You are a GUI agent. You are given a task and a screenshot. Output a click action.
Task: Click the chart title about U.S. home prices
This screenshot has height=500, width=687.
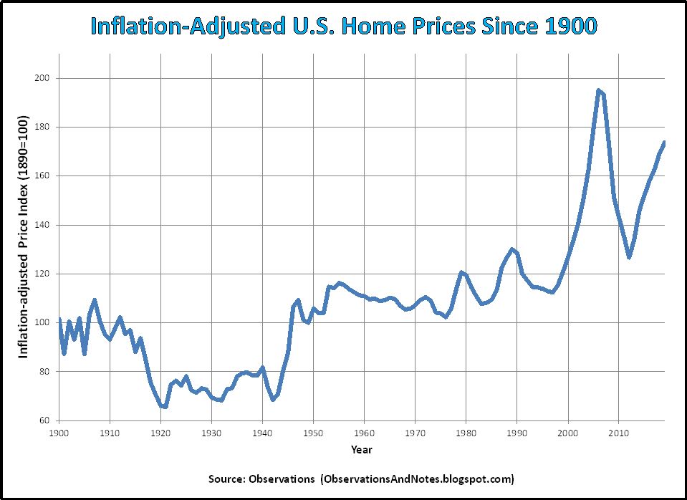(343, 27)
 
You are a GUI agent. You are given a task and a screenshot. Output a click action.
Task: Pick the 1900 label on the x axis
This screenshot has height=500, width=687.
(59, 433)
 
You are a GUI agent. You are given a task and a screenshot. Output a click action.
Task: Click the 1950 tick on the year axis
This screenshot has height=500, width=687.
(313, 433)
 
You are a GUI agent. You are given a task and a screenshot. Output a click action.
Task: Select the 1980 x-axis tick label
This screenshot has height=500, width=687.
(466, 433)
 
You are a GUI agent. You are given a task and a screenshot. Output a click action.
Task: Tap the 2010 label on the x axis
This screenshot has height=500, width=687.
(618, 433)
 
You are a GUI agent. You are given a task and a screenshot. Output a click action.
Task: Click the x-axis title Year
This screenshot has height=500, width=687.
(361, 450)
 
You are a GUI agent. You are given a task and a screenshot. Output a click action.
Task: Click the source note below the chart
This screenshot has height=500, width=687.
(361, 478)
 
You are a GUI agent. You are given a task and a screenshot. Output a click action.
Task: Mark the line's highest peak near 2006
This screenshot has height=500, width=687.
(598, 90)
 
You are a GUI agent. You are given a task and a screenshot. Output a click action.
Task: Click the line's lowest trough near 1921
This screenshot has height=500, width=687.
(164, 406)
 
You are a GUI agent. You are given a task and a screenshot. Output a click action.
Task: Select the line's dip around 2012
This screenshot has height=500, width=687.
(629, 257)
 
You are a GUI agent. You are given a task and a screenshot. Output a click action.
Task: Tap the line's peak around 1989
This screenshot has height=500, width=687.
(511, 249)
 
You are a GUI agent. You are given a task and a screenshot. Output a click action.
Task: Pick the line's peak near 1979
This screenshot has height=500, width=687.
(461, 272)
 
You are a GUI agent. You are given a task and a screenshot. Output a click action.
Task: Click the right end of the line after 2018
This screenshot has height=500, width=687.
(664, 143)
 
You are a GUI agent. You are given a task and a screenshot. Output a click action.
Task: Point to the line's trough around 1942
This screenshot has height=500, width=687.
(273, 399)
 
